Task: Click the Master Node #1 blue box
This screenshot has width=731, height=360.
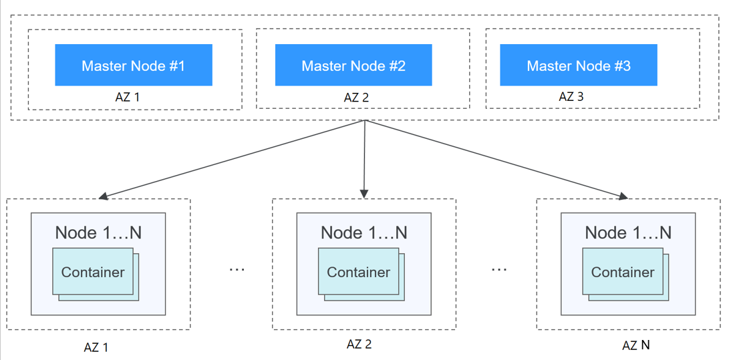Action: click(x=133, y=65)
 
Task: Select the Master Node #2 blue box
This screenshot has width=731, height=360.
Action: click(x=353, y=65)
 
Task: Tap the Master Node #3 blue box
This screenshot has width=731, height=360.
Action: click(x=579, y=65)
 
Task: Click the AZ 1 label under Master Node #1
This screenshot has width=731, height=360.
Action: click(x=128, y=97)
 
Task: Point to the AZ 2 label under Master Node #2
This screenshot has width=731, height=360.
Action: click(x=356, y=98)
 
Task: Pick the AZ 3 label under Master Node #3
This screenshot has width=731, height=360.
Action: click(x=571, y=96)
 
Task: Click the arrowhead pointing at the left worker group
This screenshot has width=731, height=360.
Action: click(x=103, y=196)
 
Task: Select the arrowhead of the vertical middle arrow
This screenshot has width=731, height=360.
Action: click(x=364, y=193)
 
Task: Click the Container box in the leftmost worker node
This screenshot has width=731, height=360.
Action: click(x=93, y=272)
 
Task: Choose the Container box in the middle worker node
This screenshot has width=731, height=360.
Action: click(x=358, y=272)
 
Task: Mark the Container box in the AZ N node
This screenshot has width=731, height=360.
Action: click(x=623, y=272)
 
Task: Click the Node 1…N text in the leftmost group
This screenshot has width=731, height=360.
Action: click(x=98, y=232)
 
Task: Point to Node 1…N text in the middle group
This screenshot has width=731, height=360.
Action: click(x=364, y=232)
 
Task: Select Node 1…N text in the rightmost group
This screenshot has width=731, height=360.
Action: click(x=628, y=232)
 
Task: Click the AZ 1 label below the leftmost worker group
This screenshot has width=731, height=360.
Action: click(x=96, y=347)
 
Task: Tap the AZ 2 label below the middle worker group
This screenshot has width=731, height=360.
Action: click(x=359, y=344)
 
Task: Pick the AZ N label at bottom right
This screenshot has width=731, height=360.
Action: click(x=635, y=345)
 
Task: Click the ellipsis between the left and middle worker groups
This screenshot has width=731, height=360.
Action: click(x=237, y=269)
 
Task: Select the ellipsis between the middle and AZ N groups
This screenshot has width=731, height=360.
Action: click(x=498, y=269)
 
